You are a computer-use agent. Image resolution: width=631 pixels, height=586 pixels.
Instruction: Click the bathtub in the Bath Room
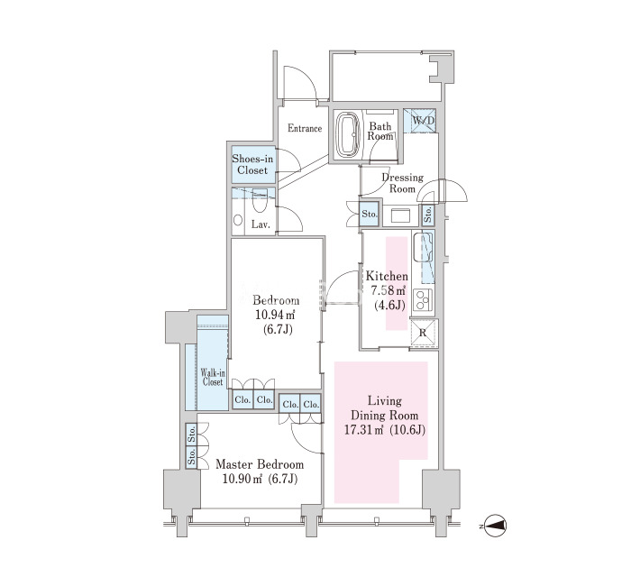(x=349, y=134)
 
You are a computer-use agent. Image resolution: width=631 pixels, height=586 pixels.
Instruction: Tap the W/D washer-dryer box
(x=420, y=120)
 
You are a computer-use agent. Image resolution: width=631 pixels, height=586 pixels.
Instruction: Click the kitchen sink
(x=424, y=246)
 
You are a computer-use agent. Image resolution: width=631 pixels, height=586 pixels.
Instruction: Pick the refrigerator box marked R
(x=424, y=333)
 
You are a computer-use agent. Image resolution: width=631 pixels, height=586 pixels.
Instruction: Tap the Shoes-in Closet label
(x=252, y=164)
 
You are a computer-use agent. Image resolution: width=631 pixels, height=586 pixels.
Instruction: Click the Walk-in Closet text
(x=213, y=377)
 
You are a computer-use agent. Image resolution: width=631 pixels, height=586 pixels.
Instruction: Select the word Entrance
(x=305, y=128)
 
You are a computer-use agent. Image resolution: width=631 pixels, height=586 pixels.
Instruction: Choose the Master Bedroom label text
(x=260, y=464)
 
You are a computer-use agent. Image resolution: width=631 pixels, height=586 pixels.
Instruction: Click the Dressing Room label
(x=402, y=183)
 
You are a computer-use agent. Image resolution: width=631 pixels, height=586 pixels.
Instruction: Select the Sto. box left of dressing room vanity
(x=370, y=214)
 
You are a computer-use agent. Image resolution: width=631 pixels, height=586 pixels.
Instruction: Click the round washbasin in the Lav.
(x=238, y=220)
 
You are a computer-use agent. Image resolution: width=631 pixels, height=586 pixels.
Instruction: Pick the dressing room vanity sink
(x=400, y=215)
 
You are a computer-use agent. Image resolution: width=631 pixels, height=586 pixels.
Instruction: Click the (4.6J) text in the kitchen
(x=390, y=306)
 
